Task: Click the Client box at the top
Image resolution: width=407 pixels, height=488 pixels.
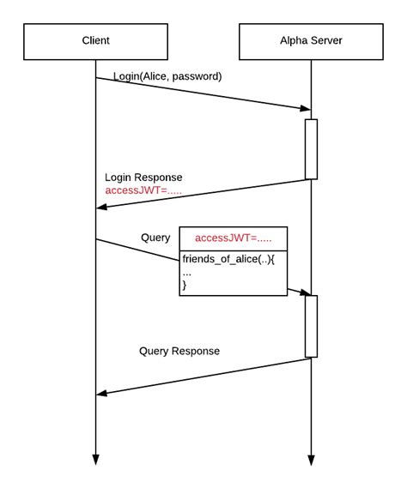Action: point(95,40)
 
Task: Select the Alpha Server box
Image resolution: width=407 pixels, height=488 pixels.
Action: point(310,40)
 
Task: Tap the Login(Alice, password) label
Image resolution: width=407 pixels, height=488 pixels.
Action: point(167,76)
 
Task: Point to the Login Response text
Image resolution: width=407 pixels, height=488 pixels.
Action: point(143,177)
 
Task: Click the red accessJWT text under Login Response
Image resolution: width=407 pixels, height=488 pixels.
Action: point(143,190)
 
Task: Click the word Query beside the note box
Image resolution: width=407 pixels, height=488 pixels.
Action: point(155,237)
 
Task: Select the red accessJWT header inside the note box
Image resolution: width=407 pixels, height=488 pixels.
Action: point(233,238)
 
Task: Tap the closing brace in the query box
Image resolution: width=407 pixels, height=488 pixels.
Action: point(185,285)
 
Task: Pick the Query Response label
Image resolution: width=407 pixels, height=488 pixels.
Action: point(179,351)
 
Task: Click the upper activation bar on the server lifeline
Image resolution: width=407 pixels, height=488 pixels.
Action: point(311,149)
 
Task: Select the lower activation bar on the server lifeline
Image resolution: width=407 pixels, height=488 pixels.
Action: point(311,326)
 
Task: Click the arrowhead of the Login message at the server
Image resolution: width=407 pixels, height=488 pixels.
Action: point(305,108)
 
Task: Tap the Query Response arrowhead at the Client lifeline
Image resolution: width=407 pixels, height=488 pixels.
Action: point(101,393)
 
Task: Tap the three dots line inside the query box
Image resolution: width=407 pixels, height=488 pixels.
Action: point(187,272)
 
